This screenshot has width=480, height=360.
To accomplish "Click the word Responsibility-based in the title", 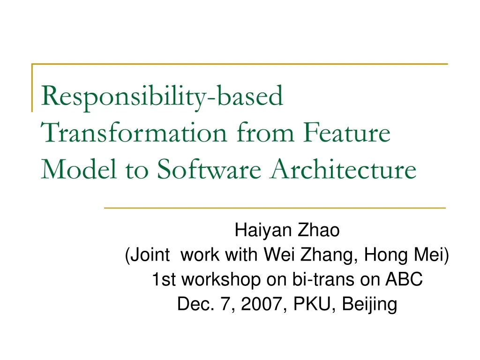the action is click(162, 97).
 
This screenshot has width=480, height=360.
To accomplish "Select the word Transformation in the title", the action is click(134, 132).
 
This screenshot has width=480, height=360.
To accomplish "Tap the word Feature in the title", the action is click(347, 132).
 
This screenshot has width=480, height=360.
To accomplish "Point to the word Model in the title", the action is click(79, 168).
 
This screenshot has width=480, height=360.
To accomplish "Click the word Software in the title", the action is click(209, 168).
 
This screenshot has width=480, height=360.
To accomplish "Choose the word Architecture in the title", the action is click(343, 168).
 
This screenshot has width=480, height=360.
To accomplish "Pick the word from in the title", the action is click(265, 132).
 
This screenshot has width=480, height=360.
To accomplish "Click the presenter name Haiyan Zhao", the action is click(287, 230).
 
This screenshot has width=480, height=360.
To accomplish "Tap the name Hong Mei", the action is click(404, 255).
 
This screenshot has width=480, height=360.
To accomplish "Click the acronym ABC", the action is click(404, 279).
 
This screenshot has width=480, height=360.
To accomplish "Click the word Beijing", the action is click(369, 304).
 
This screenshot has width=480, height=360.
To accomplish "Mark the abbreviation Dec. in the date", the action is click(195, 304).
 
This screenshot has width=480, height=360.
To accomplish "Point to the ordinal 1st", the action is click(164, 279).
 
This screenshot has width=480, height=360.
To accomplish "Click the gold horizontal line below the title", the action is click(275, 208).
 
